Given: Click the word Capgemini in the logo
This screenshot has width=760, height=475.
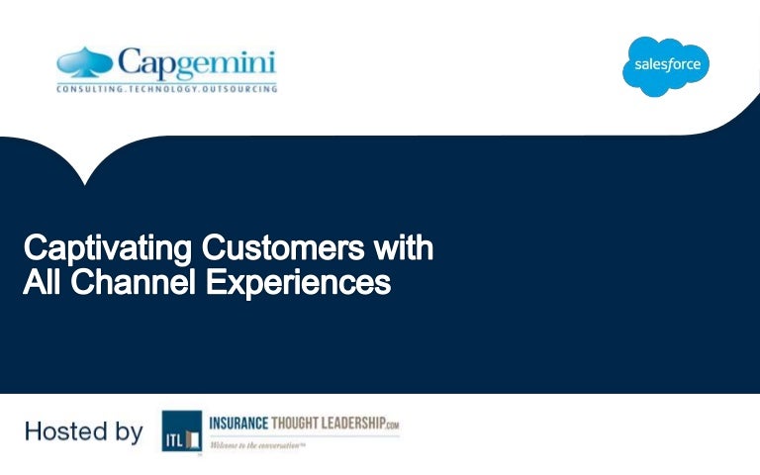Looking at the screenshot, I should (198, 63).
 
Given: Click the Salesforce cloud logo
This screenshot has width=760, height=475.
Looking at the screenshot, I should (665, 65).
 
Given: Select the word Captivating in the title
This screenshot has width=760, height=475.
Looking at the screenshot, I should (105, 247).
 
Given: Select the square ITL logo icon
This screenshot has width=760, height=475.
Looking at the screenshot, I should (181, 431).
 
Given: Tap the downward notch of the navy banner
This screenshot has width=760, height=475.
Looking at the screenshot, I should (85, 178).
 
